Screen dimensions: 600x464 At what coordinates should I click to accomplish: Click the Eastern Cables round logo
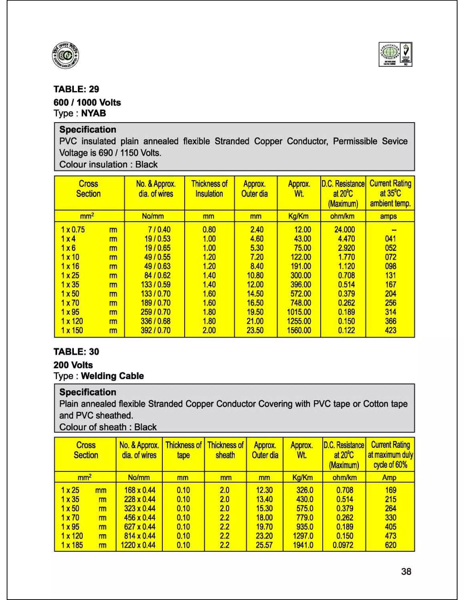(65, 56)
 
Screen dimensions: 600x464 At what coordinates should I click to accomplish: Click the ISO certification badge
(395, 54)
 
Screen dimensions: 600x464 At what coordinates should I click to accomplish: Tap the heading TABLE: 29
(76, 89)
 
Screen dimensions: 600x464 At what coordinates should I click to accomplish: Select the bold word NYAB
(94, 113)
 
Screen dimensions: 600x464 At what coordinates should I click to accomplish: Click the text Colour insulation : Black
(108, 164)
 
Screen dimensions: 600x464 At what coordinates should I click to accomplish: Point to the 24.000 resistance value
(344, 229)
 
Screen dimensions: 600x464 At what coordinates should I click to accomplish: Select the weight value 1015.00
(299, 312)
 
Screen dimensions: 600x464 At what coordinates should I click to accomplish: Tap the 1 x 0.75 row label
(73, 229)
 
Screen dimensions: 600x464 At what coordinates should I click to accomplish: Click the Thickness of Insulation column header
(209, 189)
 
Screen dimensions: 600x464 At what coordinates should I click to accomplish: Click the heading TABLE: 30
(76, 352)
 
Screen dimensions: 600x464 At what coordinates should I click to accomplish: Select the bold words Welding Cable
(112, 376)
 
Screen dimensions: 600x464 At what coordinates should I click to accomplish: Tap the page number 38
(406, 572)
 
